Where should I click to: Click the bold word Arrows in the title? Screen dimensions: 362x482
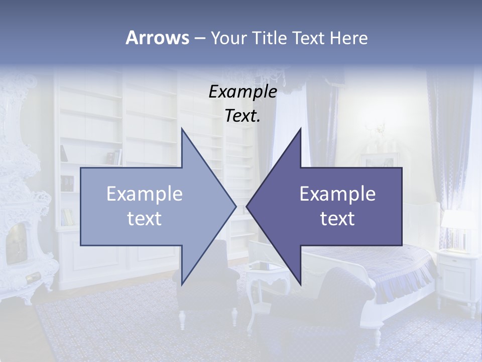click(x=157, y=38)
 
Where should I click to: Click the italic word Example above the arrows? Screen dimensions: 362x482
click(x=243, y=92)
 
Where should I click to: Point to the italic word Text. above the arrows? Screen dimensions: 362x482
click(x=243, y=116)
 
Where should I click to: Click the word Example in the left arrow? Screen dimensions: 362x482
click(x=145, y=194)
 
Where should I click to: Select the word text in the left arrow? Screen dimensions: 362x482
click(x=145, y=219)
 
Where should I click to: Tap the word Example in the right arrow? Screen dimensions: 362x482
click(x=337, y=194)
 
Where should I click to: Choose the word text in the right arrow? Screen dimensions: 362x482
click(x=337, y=219)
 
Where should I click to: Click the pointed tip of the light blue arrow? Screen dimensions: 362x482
click(x=235, y=206)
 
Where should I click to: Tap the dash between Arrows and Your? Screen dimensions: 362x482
click(x=199, y=38)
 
